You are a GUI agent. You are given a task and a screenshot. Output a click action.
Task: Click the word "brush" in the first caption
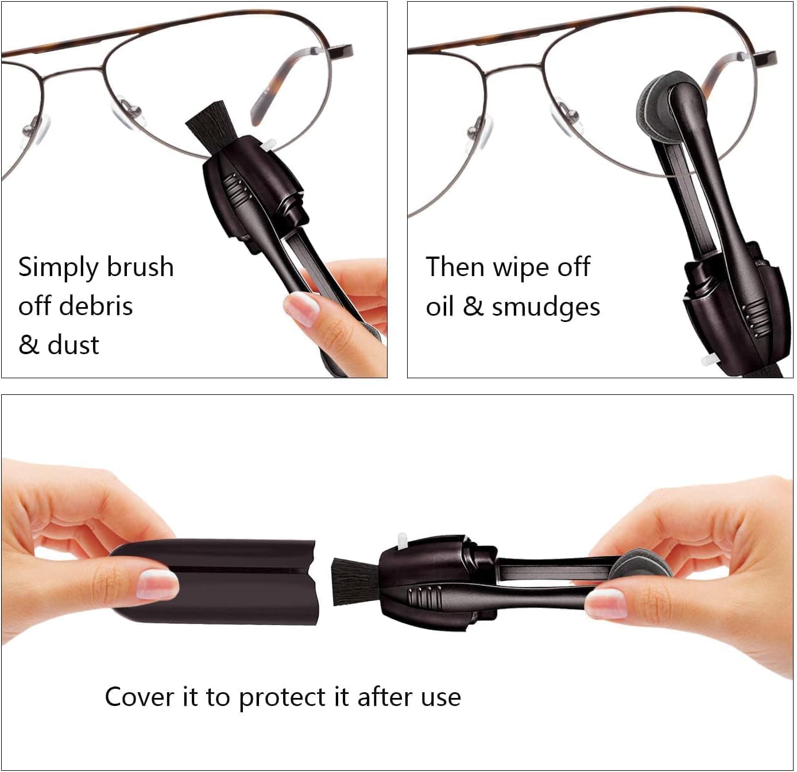click(140, 267)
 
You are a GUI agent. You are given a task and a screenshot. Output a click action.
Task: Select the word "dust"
click(73, 345)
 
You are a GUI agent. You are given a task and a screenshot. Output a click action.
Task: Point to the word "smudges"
click(545, 307)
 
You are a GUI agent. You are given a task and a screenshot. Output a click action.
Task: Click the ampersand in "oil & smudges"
click(473, 307)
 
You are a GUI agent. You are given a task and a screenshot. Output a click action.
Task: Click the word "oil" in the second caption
click(440, 307)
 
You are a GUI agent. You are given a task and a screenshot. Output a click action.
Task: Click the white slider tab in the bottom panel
click(404, 541)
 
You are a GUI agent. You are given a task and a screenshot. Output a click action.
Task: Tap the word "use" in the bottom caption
click(441, 697)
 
